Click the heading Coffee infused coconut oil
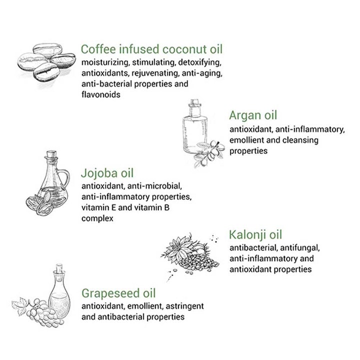click(152, 49)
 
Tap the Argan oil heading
click(253, 115)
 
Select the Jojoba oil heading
click(107, 173)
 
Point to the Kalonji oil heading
click(255, 234)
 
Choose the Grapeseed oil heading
click(118, 293)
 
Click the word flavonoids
click(101, 94)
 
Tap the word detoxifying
click(199, 62)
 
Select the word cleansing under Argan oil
click(300, 140)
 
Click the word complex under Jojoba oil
click(97, 218)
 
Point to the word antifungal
click(300, 248)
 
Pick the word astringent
click(185, 306)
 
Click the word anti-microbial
click(154, 186)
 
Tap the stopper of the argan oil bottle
click(194, 102)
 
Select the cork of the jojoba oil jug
click(51, 154)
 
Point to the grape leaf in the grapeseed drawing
click(20, 306)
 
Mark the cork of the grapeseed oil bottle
click(59, 268)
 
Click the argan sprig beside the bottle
click(208, 153)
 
